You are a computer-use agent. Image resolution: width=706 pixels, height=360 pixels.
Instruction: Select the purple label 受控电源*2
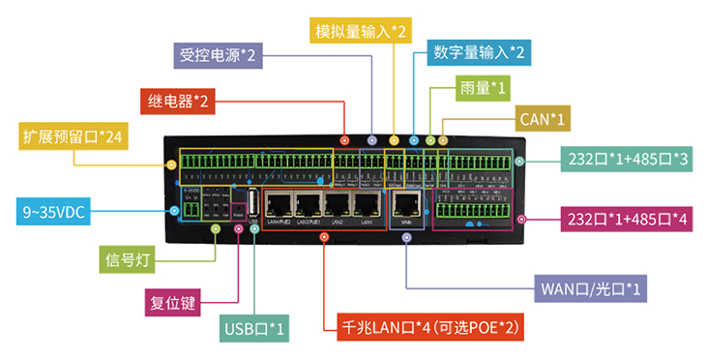point(218,55)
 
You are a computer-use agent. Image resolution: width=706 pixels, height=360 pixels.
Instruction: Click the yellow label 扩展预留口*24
point(74,136)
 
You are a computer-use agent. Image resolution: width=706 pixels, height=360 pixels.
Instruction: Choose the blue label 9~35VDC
point(54,210)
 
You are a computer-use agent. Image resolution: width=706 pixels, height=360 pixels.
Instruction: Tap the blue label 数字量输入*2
point(478,51)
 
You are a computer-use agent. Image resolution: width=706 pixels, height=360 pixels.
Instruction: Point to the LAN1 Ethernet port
point(368,204)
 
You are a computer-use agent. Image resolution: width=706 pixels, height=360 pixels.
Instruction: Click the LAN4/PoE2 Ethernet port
point(279,204)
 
